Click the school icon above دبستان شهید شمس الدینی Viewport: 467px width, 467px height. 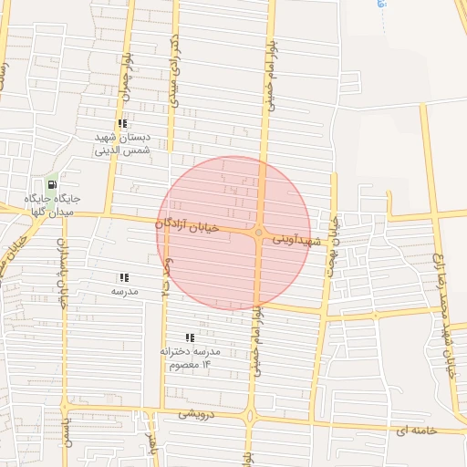122,123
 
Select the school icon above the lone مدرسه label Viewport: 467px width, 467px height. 124,277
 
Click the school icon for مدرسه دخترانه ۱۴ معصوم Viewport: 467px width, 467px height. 190,337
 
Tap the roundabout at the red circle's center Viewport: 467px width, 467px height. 259,233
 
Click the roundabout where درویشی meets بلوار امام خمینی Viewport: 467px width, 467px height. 250,418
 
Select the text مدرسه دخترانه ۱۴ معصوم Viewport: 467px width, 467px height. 190,358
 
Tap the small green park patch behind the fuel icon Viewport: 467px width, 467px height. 62,177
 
